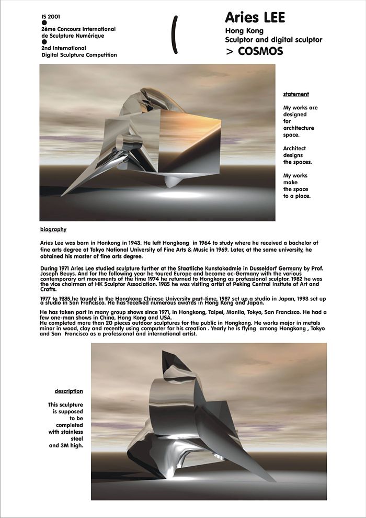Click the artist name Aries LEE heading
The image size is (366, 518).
tap(255, 18)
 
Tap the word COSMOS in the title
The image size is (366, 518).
tap(260, 51)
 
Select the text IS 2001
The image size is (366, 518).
tap(51, 17)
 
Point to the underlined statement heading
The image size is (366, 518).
tap(296, 94)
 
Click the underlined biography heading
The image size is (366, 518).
tap(53, 229)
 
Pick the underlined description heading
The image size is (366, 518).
tap(68, 391)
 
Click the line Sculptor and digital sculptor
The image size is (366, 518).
tap(273, 40)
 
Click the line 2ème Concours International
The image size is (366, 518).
tap(78, 29)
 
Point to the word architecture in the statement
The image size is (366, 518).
tap(299, 128)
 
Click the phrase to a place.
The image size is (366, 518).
tap(297, 196)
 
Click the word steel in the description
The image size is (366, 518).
tap(76, 439)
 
